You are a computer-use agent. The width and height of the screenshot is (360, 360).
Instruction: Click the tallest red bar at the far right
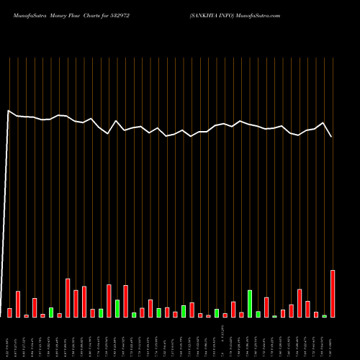coord(333,294)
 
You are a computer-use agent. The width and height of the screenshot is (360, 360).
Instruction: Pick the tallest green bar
coord(250,304)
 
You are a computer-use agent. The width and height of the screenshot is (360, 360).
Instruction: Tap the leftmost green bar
coord(51,312)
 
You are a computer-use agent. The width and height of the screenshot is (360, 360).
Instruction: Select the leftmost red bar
coord(10,312)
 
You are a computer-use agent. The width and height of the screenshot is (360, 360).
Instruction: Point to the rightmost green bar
coord(324,316)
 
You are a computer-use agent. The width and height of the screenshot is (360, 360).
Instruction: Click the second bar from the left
coord(18,304)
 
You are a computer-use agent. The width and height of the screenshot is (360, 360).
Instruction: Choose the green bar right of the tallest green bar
coord(258,314)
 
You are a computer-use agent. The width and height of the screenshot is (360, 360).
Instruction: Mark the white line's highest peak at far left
coord(9,111)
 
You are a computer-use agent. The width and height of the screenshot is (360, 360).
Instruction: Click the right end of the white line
coord(332,137)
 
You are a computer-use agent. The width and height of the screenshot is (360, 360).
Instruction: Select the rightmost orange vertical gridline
coord(333,144)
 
